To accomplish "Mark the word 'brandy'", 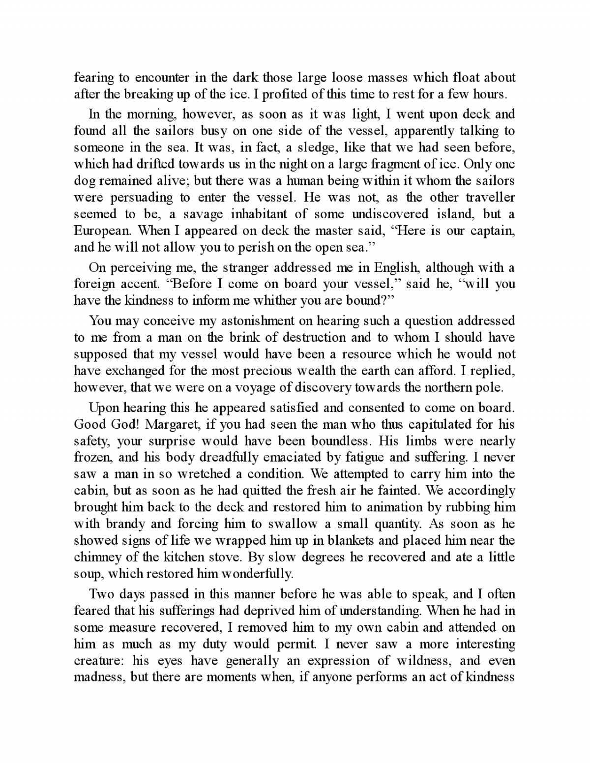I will tap(124, 524).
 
